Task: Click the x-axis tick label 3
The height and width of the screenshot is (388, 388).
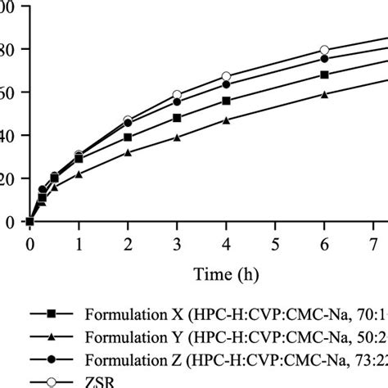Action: click(x=177, y=243)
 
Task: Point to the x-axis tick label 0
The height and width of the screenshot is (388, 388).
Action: click(x=30, y=243)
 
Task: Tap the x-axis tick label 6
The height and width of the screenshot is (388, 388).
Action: click(x=324, y=243)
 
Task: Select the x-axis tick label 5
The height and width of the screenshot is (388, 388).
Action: click(x=275, y=243)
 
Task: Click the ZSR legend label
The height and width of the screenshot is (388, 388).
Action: click(x=97, y=381)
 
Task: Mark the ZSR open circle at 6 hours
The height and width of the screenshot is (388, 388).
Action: click(x=324, y=50)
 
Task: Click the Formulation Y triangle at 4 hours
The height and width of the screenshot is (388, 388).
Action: click(x=226, y=120)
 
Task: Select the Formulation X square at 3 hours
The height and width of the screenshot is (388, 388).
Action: click(x=177, y=118)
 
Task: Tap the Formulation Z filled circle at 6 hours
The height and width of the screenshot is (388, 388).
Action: click(x=324, y=58)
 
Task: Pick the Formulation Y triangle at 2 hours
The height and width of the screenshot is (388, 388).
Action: click(x=128, y=152)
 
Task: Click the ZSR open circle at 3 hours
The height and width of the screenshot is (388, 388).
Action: click(x=177, y=95)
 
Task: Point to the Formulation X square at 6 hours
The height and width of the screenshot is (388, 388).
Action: click(x=324, y=74)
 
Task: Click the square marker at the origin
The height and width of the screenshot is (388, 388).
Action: click(x=30, y=221)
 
